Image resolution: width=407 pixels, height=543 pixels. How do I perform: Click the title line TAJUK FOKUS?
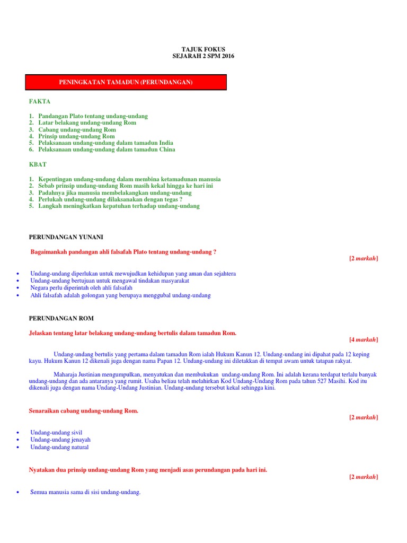point(203,49)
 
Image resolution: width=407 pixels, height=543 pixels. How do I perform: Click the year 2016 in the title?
point(227,56)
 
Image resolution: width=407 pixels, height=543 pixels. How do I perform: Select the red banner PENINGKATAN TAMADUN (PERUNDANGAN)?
point(126,83)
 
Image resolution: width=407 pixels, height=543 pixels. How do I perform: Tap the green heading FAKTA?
point(40,101)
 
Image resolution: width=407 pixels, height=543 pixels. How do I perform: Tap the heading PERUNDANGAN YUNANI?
point(69,237)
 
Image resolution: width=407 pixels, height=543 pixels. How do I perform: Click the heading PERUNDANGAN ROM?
point(60,319)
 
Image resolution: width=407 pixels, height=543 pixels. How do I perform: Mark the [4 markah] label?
point(364,340)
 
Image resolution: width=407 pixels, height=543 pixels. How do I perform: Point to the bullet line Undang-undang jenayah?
point(60,440)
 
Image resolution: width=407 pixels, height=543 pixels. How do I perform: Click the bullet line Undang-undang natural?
point(59,448)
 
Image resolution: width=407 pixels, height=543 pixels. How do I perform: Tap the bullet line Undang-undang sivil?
point(56,433)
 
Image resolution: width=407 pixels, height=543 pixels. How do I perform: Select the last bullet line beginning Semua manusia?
point(85,493)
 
